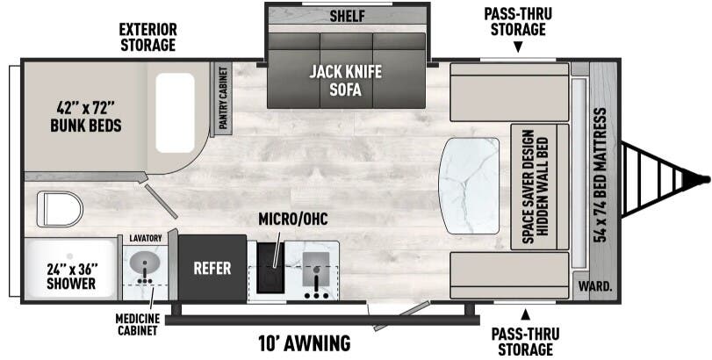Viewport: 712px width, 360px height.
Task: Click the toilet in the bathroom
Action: coord(60,209)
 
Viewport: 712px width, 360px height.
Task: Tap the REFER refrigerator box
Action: coord(212,268)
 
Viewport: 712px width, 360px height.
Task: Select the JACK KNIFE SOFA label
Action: coord(346,81)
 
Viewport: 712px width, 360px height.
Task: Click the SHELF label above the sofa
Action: coord(348,16)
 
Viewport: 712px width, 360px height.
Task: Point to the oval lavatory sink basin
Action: coord(144,263)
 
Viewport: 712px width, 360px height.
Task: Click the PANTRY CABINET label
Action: coord(223,98)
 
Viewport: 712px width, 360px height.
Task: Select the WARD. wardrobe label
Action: coord(595,287)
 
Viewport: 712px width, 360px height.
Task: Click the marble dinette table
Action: coord(469,185)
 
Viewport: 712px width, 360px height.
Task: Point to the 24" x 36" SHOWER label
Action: coord(72,276)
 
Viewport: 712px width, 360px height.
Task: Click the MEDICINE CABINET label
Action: coord(137,324)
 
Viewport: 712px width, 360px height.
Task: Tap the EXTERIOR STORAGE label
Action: coord(148,37)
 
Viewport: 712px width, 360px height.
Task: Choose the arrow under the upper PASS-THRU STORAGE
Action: coord(518,47)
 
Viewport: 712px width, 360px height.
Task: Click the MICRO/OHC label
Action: coord(293,219)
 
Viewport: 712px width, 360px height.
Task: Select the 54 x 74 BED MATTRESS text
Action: coord(601,176)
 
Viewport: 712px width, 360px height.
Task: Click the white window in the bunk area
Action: coord(176,112)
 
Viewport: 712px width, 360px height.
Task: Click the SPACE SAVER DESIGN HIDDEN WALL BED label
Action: coord(535,186)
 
